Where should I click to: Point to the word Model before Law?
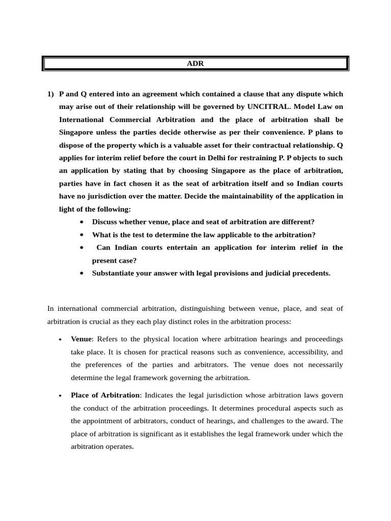[x=302, y=107]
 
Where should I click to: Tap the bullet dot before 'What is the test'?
[x=82, y=235]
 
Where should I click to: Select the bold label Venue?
[x=81, y=339]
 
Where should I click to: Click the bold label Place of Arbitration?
[x=105, y=395]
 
